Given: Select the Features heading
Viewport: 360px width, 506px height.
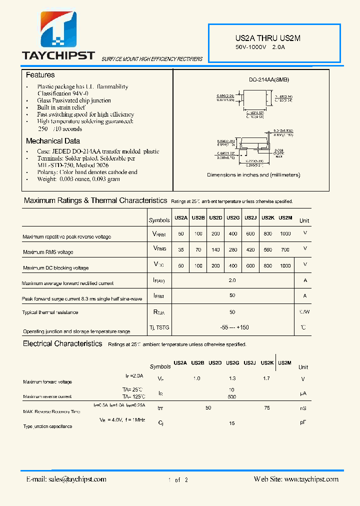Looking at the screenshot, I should (40, 75).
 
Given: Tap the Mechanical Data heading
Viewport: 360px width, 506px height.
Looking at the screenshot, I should (52, 141).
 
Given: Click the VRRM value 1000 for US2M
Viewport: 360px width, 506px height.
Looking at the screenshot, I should (285, 233).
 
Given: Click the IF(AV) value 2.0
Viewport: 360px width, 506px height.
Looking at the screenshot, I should (232, 280).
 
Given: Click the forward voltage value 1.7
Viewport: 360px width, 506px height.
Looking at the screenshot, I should (266, 378).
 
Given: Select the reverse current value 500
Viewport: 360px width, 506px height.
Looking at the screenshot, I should (231, 397).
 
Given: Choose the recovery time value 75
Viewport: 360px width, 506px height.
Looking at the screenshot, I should (267, 408).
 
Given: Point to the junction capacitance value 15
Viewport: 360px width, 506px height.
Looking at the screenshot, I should (232, 423).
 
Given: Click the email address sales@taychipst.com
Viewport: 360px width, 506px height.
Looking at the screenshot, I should (66, 479).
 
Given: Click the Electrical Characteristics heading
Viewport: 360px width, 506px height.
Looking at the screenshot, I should (62, 344).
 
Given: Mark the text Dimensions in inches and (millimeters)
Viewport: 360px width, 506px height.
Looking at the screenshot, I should (253, 175).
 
